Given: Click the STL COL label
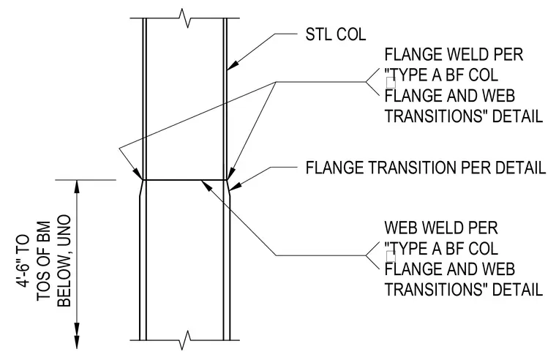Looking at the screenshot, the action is [336, 34].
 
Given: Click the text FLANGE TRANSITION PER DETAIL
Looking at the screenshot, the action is [426, 168].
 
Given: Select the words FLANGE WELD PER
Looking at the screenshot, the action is [454, 55].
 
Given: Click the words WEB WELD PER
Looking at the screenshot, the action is [441, 228].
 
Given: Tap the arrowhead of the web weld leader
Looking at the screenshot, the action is [206, 184].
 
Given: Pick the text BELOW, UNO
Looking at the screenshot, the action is [64, 260].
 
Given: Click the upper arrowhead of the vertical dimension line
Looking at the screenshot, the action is [77, 187].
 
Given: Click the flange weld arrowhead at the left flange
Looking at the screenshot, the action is [138, 174].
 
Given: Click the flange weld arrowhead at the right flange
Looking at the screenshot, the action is [230, 173].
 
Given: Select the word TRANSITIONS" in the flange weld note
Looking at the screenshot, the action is [434, 116].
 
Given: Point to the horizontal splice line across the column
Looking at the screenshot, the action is [185, 180].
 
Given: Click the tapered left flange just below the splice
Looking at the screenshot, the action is [140, 188].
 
